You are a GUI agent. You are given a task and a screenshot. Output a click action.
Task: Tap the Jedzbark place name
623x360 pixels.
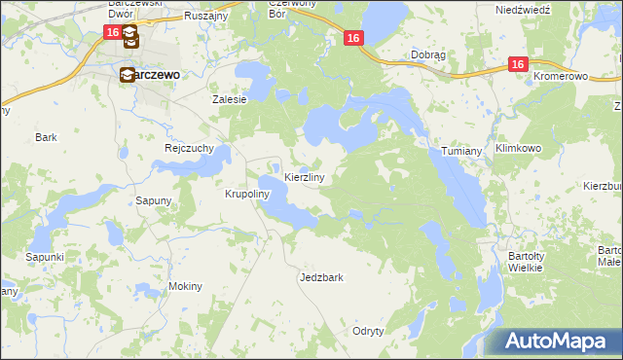tap(321, 277)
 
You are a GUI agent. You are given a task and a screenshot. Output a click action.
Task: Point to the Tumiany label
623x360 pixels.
tap(462, 152)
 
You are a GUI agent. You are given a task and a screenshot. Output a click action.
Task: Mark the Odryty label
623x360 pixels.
tap(369, 331)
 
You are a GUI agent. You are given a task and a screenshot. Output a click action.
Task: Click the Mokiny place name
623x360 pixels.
tap(185, 286)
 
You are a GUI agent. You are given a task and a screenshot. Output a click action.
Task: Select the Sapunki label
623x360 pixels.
tap(45, 257)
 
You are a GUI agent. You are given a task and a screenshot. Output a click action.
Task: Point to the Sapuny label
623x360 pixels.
tap(153, 201)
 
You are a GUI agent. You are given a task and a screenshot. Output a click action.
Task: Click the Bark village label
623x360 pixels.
tap(46, 137)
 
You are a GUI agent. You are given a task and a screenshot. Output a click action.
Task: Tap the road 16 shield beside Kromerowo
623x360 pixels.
tap(517, 64)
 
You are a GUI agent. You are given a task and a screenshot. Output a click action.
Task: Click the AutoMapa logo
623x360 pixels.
tap(550, 341)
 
